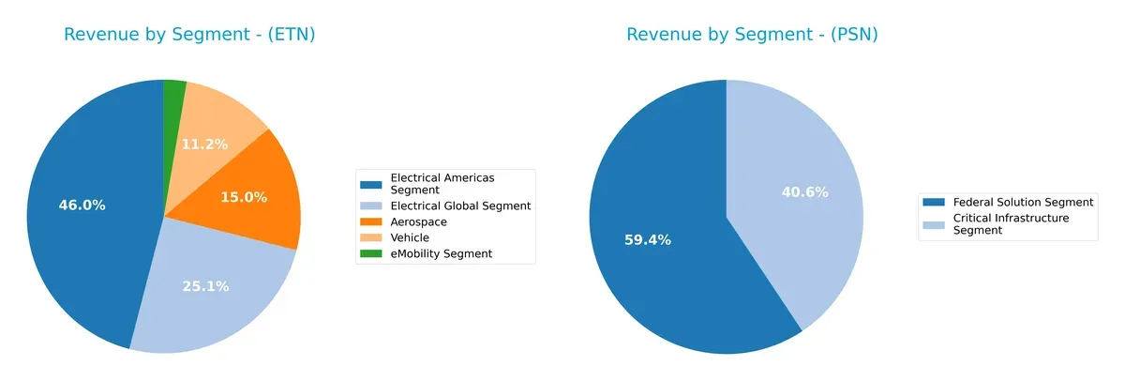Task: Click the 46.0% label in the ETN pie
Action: (82, 206)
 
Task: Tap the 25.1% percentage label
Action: (205, 286)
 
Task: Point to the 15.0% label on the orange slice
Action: (244, 197)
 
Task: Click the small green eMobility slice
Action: (174, 94)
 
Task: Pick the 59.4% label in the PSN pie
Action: (648, 240)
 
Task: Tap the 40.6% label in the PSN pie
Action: (804, 192)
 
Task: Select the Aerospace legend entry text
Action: (418, 221)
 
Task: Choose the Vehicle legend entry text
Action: (410, 237)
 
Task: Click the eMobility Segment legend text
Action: (441, 253)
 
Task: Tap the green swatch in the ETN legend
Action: (372, 253)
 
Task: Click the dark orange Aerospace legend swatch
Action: (372, 221)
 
